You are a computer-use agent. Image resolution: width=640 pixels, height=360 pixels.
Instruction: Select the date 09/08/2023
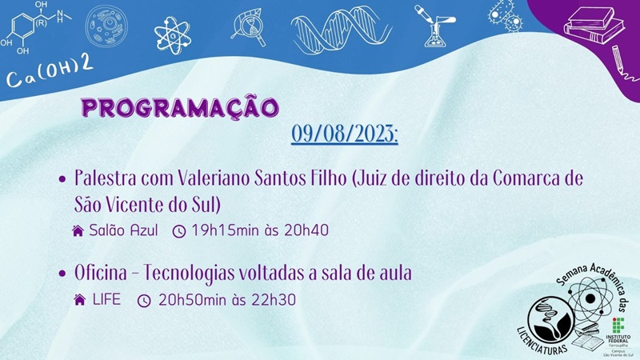click(x=345, y=133)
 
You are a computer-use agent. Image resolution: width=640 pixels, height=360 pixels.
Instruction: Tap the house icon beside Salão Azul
click(x=78, y=231)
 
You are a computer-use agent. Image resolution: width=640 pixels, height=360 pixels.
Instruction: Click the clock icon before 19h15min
click(x=179, y=231)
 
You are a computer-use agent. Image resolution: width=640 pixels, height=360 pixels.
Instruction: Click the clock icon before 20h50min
click(x=144, y=301)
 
